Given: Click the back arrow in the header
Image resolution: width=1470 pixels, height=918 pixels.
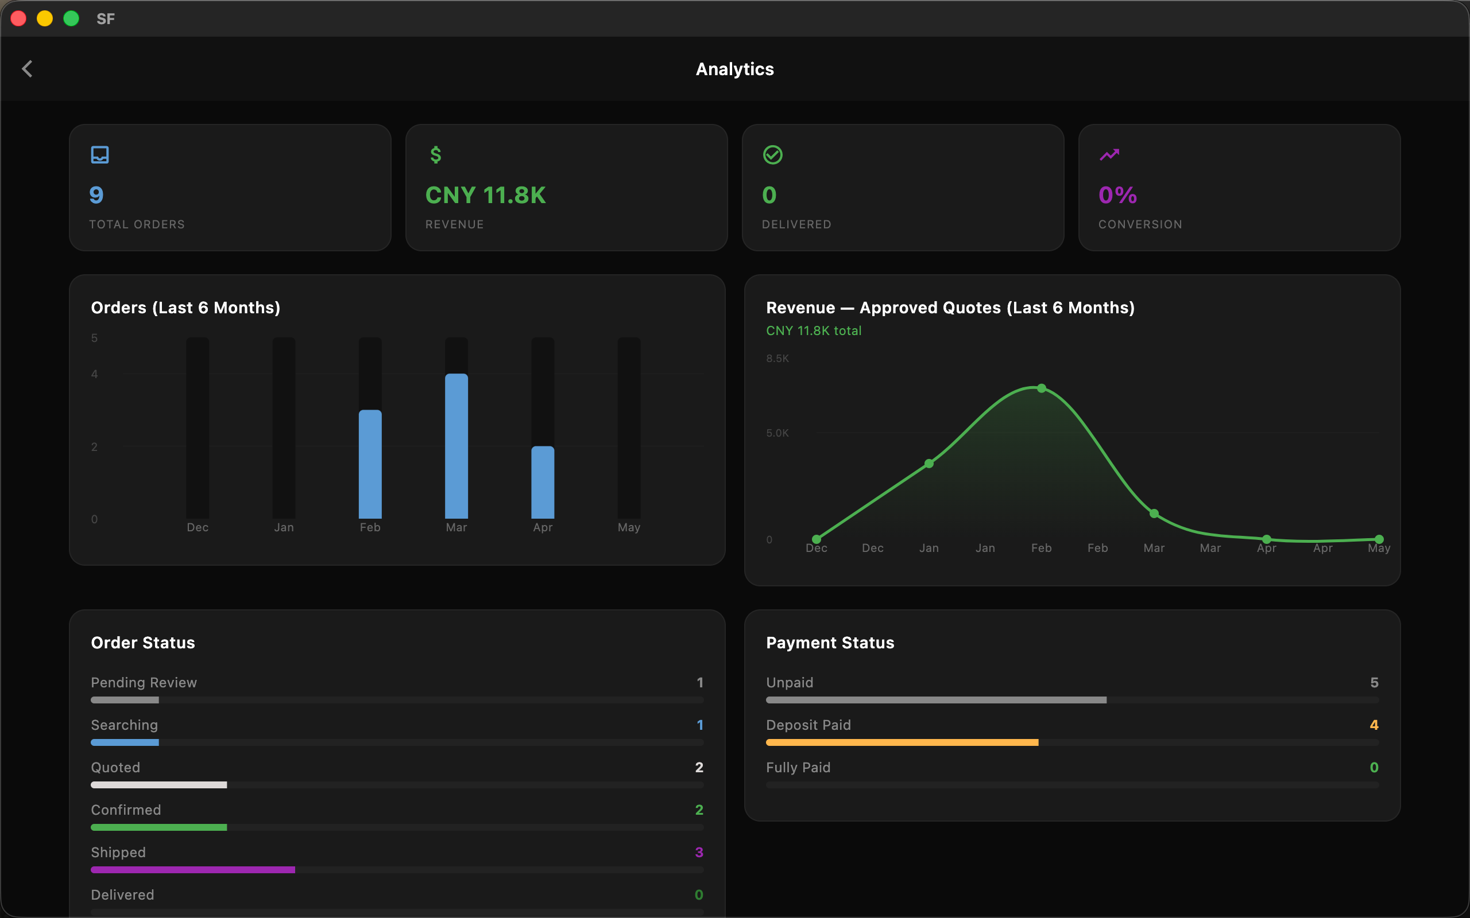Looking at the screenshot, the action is [x=28, y=69].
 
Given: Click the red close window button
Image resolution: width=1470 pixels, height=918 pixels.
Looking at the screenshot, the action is [x=19, y=19].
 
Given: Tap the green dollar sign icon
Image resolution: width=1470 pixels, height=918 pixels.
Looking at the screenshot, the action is [x=435, y=155].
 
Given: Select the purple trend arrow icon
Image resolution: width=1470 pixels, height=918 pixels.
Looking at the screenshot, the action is [x=1109, y=155].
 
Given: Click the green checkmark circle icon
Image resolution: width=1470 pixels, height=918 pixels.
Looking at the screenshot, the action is [x=773, y=155].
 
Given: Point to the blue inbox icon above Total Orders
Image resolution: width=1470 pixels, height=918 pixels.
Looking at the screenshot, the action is [x=99, y=155].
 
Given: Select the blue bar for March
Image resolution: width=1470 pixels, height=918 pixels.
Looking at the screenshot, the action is [x=456, y=446].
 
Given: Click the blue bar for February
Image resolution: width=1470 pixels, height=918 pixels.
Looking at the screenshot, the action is [x=370, y=465].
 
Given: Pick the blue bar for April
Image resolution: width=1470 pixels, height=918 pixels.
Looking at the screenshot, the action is [x=543, y=483].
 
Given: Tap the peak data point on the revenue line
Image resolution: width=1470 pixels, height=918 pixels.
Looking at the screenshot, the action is [x=1042, y=388].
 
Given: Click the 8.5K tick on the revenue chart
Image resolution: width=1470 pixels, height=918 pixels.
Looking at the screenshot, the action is [x=777, y=358].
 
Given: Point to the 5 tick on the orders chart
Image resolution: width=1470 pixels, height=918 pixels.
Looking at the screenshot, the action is [x=94, y=337].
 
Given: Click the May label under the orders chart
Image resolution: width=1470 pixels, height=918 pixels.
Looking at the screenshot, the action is [x=629, y=527].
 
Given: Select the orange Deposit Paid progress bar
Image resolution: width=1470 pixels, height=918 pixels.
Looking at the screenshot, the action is [x=902, y=742].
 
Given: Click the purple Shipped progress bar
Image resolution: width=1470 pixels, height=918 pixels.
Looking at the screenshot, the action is [x=192, y=870].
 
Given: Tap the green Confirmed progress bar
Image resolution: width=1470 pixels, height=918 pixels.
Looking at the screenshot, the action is [x=158, y=827].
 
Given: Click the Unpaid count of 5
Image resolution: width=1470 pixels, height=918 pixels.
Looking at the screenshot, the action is [x=1374, y=682].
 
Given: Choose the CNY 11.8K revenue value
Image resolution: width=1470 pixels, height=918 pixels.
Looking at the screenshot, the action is [x=485, y=195].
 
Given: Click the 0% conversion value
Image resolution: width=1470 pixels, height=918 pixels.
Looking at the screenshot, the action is [x=1117, y=195].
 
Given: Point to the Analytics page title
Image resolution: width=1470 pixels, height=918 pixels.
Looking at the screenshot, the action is [x=735, y=69].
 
